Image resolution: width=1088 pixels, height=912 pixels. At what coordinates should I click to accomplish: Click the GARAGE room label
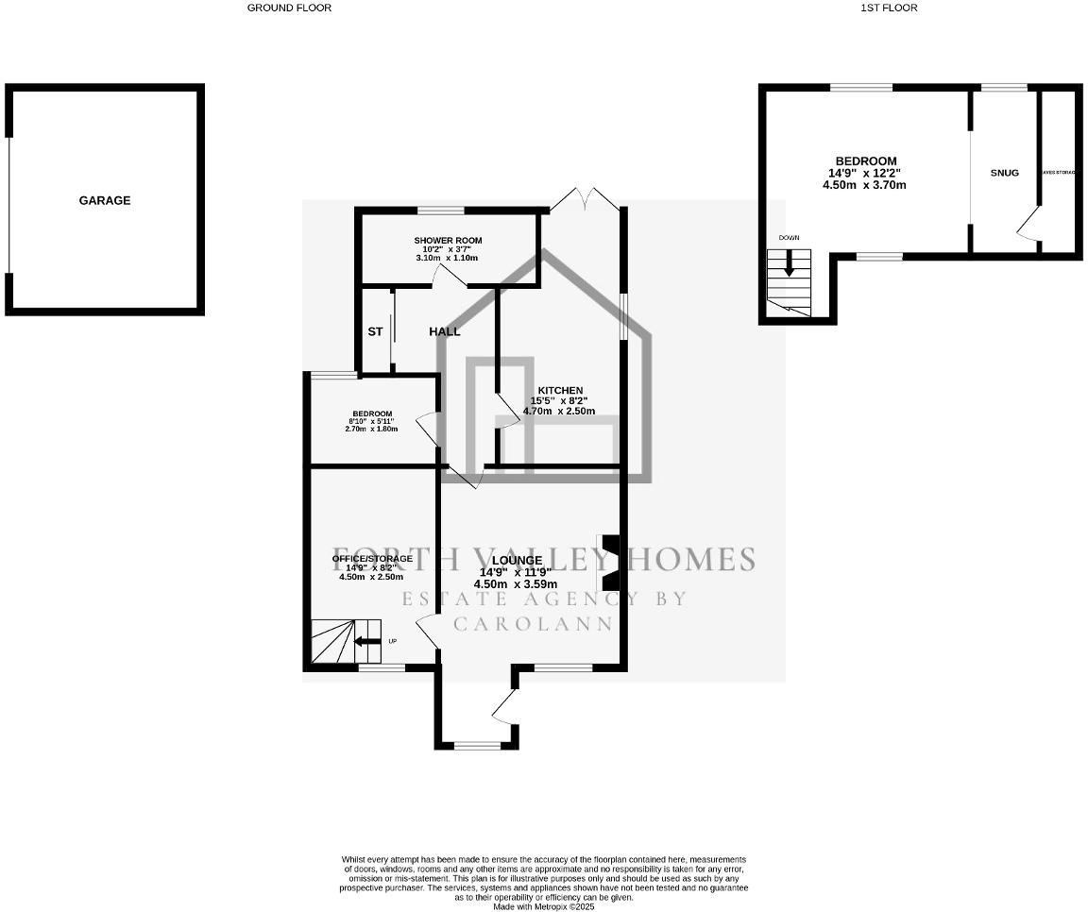point(105,200)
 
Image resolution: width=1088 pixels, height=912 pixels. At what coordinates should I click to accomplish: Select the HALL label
point(444,331)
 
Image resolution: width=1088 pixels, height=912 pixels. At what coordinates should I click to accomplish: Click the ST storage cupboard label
point(375,331)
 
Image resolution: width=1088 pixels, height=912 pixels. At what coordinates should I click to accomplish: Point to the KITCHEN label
point(560,390)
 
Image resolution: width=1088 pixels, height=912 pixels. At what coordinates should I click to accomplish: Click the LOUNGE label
point(517,560)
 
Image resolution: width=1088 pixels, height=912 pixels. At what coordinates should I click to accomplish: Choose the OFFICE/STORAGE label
point(371,559)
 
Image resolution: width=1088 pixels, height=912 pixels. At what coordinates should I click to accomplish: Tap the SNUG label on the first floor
point(1004,173)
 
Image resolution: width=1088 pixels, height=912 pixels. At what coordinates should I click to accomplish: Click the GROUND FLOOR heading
point(289,8)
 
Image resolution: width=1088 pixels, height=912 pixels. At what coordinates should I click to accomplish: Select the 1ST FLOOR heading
point(889,8)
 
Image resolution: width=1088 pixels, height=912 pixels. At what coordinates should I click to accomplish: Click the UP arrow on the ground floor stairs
point(361,642)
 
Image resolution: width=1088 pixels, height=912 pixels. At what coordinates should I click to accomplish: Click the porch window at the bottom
point(477,746)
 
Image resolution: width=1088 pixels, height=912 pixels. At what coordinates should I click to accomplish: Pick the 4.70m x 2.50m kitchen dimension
point(560,411)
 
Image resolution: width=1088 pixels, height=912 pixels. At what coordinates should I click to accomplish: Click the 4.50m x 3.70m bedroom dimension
point(864,185)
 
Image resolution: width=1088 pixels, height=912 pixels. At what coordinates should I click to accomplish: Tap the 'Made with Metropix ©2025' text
point(544,906)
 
